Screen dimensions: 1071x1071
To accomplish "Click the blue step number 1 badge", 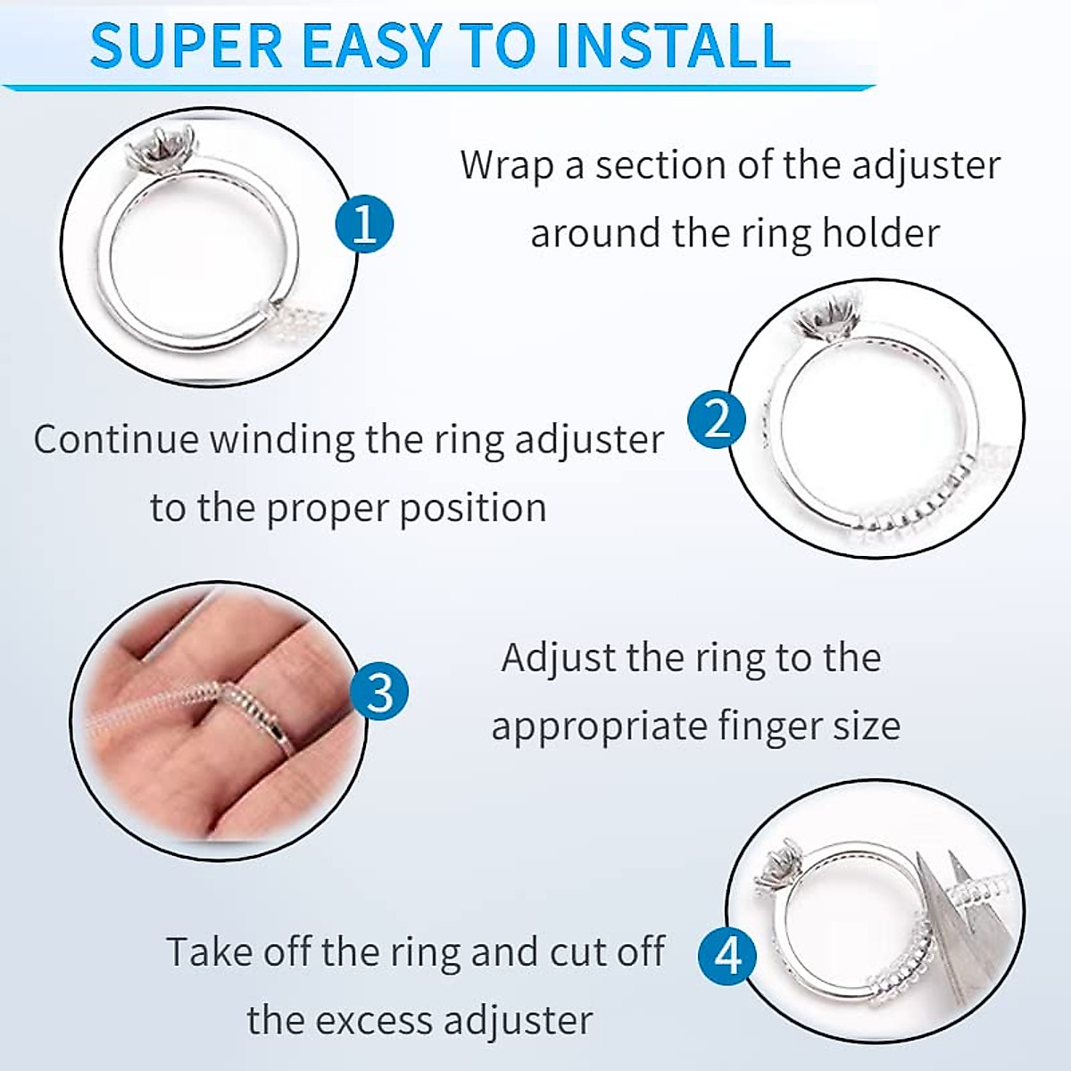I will [364, 223].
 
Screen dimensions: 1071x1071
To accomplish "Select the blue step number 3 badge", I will [379, 692].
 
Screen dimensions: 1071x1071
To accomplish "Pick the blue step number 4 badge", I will [728, 956].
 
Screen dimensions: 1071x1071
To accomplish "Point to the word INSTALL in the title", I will [672, 45].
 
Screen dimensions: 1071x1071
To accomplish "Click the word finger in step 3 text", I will [758, 726].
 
